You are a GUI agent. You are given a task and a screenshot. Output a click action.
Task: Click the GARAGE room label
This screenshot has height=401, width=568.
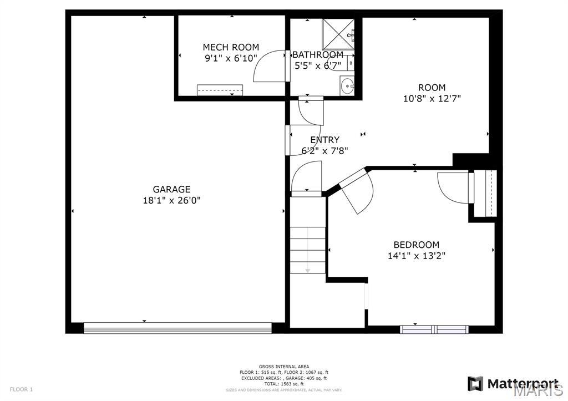(171, 189)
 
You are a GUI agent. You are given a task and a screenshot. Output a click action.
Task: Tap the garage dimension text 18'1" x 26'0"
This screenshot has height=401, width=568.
(171, 200)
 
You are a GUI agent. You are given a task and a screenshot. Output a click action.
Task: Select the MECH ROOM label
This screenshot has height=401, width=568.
(230, 47)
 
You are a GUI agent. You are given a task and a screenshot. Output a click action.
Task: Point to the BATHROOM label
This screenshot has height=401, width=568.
(318, 55)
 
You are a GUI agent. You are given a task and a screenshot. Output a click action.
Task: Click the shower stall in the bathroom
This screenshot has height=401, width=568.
(338, 34)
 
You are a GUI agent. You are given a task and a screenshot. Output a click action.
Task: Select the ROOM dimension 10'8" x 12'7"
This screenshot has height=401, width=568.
(432, 99)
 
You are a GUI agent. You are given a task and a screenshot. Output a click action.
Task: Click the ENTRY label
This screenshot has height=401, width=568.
(324, 140)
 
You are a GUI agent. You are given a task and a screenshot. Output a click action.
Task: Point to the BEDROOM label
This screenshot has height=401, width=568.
(416, 245)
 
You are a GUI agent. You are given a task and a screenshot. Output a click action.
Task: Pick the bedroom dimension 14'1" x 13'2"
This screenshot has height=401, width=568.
(416, 256)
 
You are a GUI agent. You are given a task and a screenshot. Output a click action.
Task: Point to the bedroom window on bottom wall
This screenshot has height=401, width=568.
(434, 329)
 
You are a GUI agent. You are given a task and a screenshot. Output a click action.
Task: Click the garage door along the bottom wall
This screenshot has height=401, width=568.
(177, 328)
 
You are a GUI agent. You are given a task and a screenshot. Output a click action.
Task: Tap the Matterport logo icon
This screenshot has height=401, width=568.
(475, 384)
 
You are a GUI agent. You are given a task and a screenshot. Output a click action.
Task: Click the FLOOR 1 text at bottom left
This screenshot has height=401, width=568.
(21, 389)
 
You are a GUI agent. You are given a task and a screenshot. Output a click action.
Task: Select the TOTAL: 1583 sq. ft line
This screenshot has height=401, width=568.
(283, 384)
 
